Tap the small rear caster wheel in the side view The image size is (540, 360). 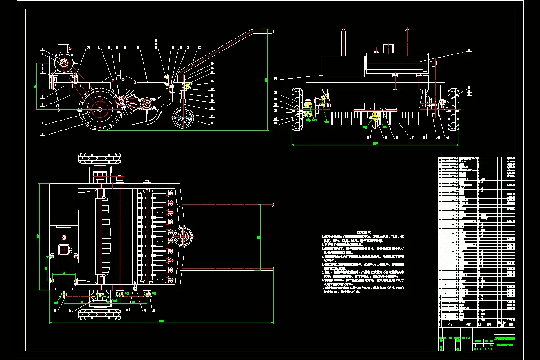tap(183, 119)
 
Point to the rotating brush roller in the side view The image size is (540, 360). tap(121, 102)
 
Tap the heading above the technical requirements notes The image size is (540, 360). tap(363, 232)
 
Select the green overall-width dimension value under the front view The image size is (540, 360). tap(375, 144)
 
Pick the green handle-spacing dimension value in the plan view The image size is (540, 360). tap(258, 236)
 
